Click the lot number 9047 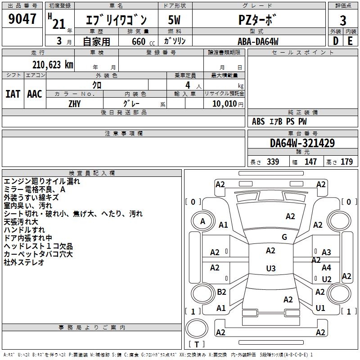22,19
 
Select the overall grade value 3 343,20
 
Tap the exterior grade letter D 335,41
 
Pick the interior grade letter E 350,41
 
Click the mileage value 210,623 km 53,64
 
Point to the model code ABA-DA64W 258,41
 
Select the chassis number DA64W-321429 302,144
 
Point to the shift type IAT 13,94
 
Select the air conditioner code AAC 34,94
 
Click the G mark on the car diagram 284,237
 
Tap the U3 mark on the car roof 270,269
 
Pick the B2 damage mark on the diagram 221,292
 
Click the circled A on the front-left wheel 203,221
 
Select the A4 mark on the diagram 326,268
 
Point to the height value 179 347,162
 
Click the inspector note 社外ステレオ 24,262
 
